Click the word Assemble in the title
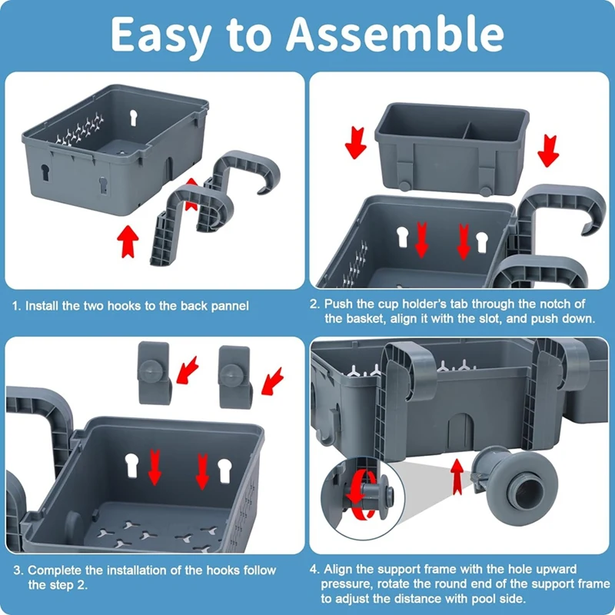(395, 35)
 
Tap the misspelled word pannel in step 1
(230, 306)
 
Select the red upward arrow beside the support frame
(457, 476)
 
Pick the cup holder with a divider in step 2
(452, 148)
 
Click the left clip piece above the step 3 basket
(155, 372)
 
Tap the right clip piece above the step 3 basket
(235, 377)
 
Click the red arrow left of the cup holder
(355, 143)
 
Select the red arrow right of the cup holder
(548, 151)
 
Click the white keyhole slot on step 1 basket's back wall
(133, 118)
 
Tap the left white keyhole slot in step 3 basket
(131, 465)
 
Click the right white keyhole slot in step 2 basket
(482, 241)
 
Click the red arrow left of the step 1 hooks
(128, 241)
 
